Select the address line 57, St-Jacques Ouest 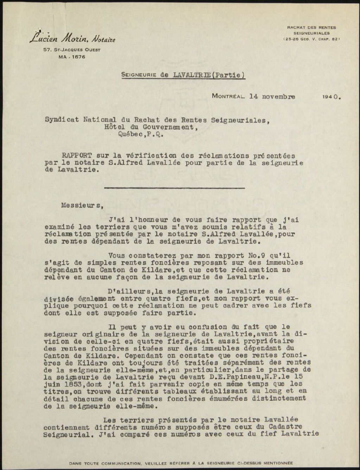point(72,50)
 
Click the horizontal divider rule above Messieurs point(174,188)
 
